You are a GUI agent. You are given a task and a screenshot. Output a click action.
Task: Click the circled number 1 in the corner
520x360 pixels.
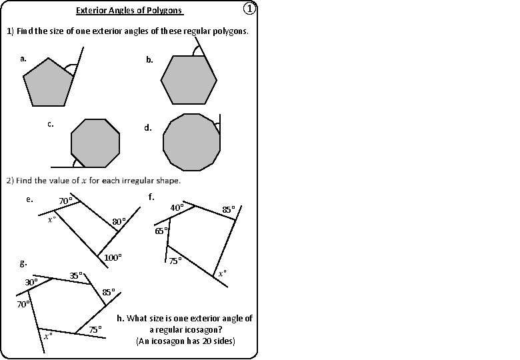[248, 9]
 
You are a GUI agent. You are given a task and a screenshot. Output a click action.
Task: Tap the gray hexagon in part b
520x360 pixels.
[189, 79]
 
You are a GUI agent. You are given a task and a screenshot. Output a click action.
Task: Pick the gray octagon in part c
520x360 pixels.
[95, 143]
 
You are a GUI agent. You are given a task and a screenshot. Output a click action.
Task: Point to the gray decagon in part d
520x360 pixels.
[191, 142]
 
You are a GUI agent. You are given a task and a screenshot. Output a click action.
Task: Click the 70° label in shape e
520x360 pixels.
[65, 201]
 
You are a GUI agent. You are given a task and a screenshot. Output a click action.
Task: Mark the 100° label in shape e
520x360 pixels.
[113, 257]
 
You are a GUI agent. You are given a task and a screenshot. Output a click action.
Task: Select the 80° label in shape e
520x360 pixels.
[119, 221]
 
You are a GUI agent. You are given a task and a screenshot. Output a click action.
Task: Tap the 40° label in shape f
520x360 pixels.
[177, 207]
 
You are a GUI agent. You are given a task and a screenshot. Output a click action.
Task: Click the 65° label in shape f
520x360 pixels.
[161, 231]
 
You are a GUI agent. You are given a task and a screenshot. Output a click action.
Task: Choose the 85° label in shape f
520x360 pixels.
[229, 209]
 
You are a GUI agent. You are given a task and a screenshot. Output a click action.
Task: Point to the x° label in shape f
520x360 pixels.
[223, 273]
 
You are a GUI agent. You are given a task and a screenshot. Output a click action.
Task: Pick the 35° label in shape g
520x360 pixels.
[77, 275]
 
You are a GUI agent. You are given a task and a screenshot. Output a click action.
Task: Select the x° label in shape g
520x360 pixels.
[48, 336]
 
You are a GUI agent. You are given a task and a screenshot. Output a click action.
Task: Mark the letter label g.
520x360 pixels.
[23, 264]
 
